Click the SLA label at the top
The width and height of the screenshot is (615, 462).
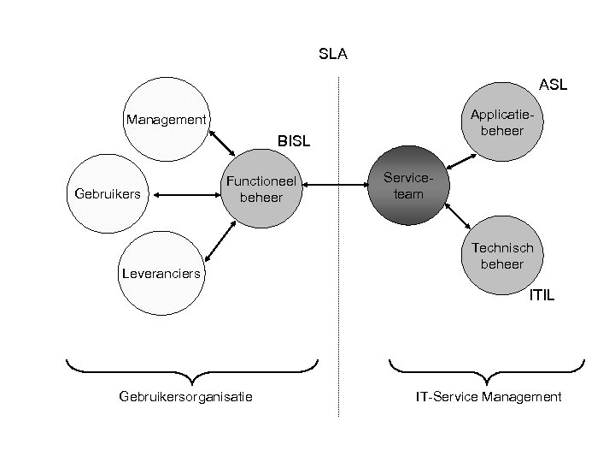pyautogui.click(x=332, y=55)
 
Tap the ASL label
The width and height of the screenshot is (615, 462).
pyautogui.click(x=553, y=85)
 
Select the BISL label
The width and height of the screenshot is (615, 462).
pyautogui.click(x=292, y=139)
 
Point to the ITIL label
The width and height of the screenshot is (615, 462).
pyautogui.click(x=542, y=295)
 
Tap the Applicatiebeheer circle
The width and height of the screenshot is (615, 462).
pyautogui.click(x=501, y=121)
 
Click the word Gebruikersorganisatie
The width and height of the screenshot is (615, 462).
pyautogui.click(x=185, y=396)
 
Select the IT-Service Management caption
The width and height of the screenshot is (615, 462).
pyautogui.click(x=488, y=396)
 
